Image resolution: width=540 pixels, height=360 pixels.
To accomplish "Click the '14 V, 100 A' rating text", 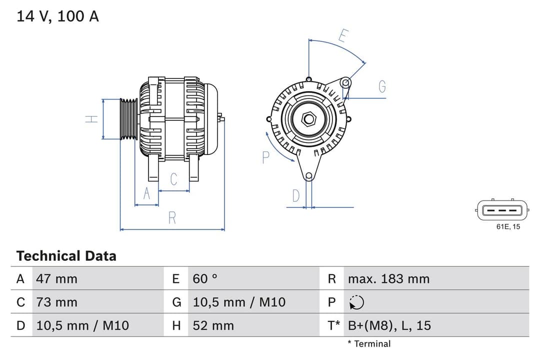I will (58, 16).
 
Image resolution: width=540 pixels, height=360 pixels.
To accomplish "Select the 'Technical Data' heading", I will (66, 256).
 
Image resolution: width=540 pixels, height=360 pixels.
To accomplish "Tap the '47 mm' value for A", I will (56, 278).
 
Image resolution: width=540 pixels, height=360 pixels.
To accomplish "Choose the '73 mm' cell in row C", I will (56, 302).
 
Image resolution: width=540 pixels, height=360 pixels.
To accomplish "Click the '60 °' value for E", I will (205, 278).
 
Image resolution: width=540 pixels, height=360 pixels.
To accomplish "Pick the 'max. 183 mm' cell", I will (388, 278).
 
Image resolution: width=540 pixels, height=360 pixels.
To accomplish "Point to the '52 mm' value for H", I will (213, 325).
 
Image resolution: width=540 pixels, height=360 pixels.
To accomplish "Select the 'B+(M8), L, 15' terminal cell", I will (389, 325).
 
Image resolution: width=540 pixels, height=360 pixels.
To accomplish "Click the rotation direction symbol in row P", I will (356, 302).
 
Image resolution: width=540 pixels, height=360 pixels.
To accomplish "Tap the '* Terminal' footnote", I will (369, 343).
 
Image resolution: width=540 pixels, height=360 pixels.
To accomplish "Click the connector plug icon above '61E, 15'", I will (501, 210).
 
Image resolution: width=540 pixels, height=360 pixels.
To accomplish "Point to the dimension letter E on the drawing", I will (343, 36).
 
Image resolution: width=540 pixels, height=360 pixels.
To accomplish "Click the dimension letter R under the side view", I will (172, 218).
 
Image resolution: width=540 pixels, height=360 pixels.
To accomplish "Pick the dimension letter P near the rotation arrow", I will (265, 157).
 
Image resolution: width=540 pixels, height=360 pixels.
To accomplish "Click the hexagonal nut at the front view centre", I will (309, 119).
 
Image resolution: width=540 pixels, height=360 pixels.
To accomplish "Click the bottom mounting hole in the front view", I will (309, 175).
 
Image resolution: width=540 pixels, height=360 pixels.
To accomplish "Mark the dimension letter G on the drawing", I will (382, 86).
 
